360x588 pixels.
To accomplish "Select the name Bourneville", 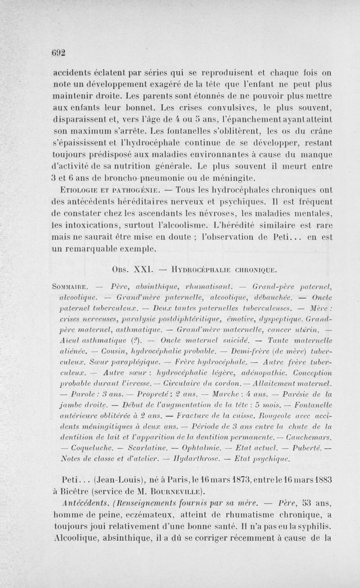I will click(171, 490).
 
